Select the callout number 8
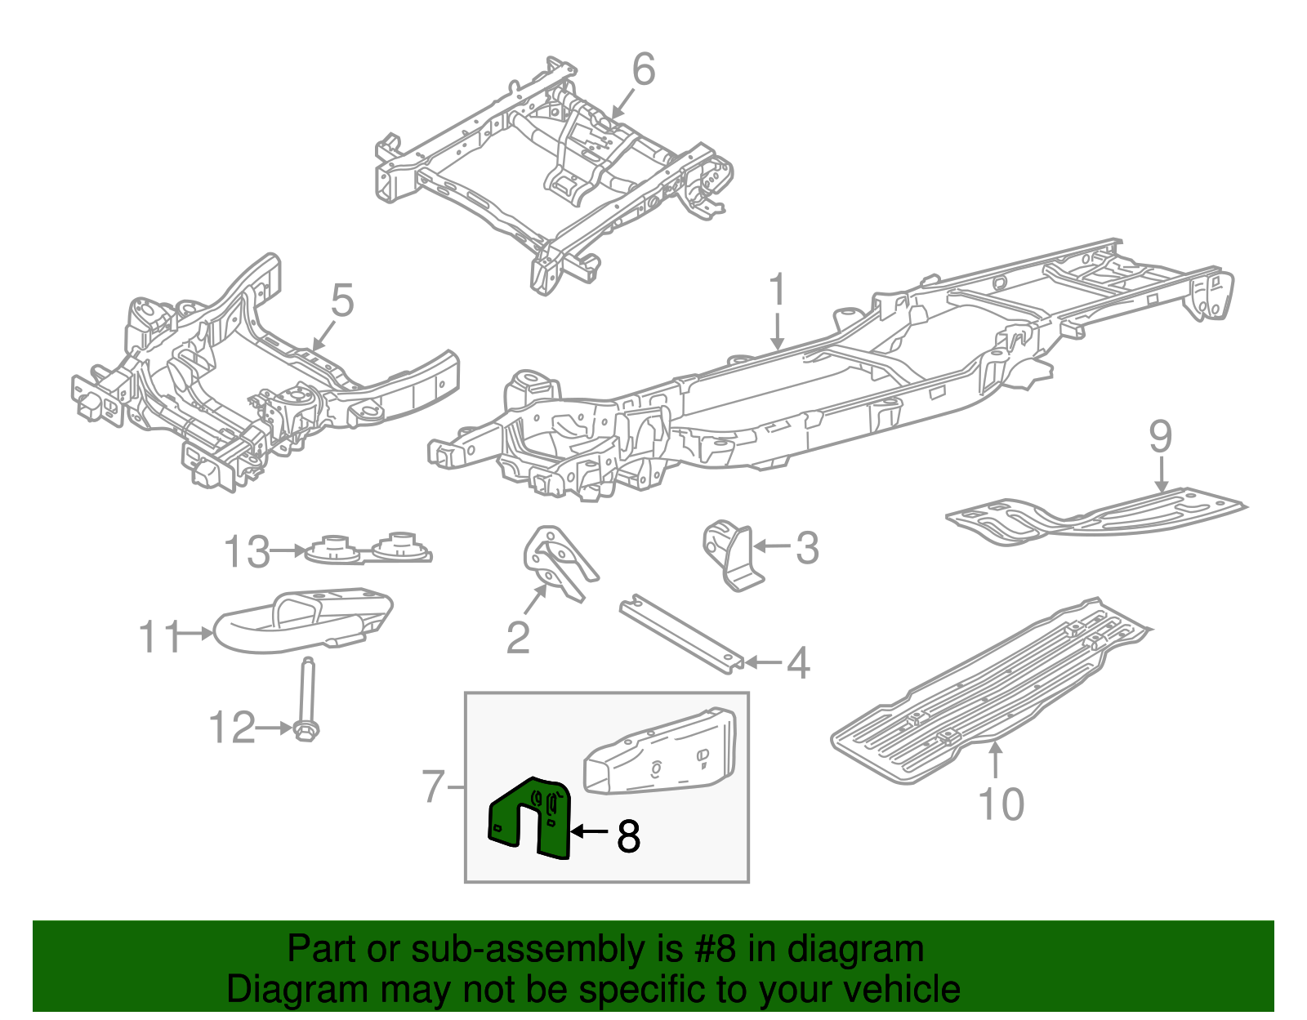tap(628, 835)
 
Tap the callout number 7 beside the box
tap(434, 786)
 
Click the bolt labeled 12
tap(307, 698)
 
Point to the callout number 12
tap(232, 727)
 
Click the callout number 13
tap(246, 552)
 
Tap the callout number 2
tap(518, 637)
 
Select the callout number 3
tap(806, 547)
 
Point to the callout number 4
tap(797, 662)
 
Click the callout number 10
tap(1001, 804)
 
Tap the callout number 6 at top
tap(643, 69)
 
